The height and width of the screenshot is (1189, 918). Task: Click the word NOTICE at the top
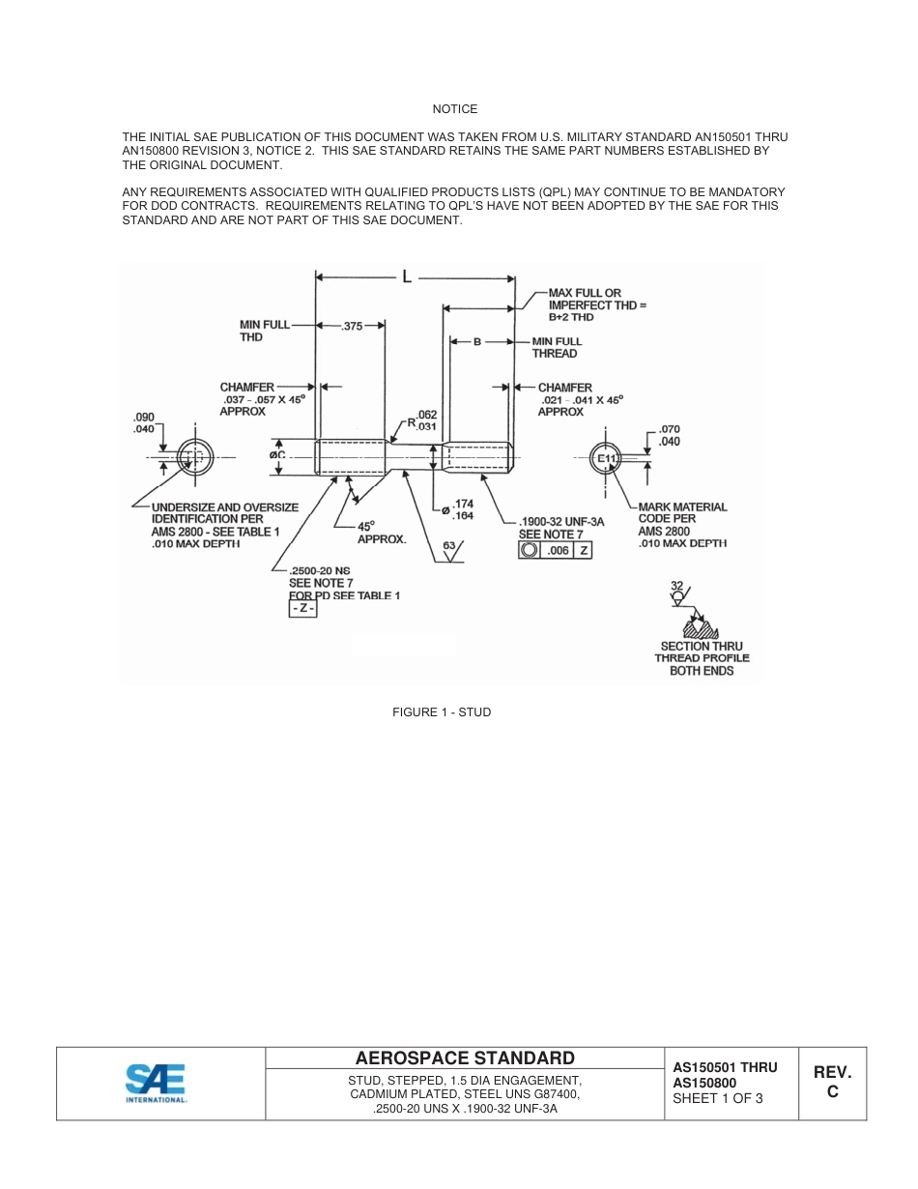point(455,109)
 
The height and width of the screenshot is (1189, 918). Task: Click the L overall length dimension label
point(407,277)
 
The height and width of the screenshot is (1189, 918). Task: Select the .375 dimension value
point(352,327)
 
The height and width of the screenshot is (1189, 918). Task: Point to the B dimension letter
point(477,341)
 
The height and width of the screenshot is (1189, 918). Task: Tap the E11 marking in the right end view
point(606,458)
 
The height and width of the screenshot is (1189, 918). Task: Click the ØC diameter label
point(276,453)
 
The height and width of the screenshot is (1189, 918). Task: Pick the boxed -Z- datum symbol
point(303,610)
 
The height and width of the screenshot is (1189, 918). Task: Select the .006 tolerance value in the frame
point(558,550)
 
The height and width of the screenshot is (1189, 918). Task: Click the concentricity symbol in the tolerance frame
point(530,550)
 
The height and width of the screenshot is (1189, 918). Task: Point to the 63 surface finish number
point(449,546)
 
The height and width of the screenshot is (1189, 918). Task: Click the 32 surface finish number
point(676,586)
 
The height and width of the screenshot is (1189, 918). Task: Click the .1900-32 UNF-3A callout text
point(561,522)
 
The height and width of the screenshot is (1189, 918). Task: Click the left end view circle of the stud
point(195,457)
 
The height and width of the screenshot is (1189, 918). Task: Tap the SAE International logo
point(156,1084)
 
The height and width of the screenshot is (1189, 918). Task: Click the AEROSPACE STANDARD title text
point(465,1058)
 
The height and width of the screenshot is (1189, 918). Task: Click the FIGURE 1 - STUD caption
point(442,712)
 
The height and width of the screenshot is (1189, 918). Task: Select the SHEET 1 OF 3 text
point(718,1098)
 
